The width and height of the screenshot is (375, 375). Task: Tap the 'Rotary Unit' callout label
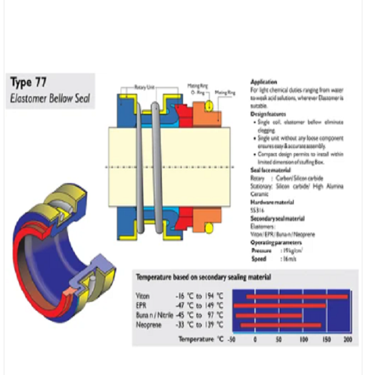pos(147,87)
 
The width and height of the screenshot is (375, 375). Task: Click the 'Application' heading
pos(263,82)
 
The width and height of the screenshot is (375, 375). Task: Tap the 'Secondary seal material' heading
pos(277,219)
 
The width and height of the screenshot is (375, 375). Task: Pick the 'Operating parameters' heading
pos(276,242)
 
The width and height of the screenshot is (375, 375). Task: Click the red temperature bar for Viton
pos(297,296)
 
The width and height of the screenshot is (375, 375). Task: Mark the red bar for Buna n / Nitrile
pos(269,316)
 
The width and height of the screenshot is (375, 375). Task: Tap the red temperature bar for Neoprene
pos(281,325)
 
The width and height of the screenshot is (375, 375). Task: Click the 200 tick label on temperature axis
pos(348,339)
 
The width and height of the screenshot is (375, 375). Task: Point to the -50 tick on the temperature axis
pos(232,339)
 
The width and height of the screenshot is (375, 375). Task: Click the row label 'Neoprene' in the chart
pos(148,325)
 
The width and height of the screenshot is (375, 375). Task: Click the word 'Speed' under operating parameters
pos(259,259)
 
